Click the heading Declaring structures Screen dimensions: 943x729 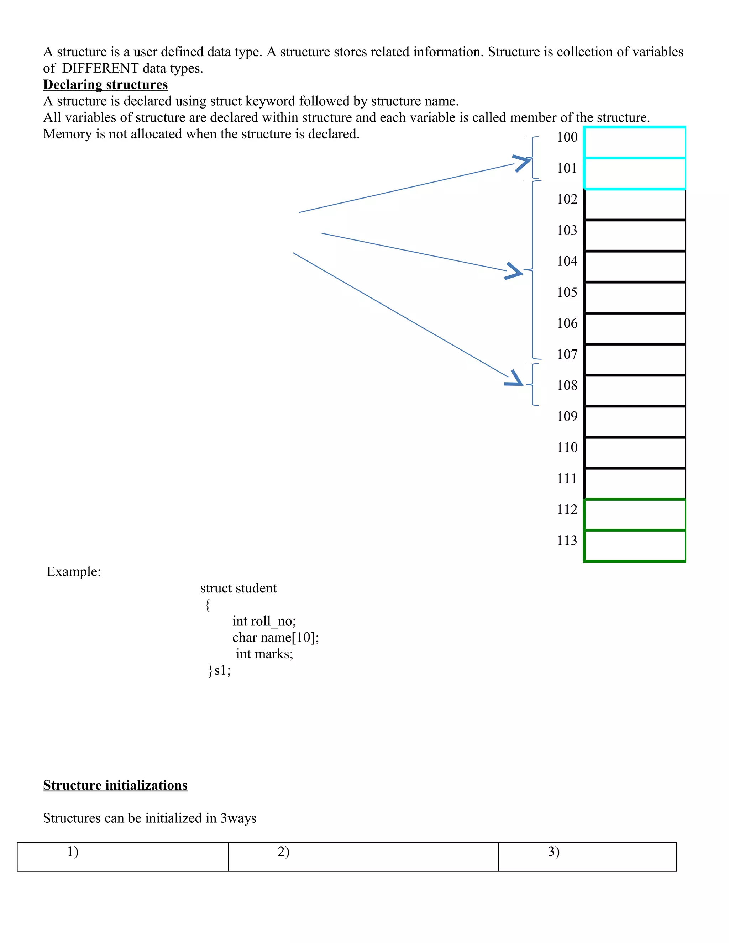coord(105,85)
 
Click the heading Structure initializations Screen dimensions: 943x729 coord(115,785)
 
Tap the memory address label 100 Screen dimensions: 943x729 coord(567,137)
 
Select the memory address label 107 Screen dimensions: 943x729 coord(567,354)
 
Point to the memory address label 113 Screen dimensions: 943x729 coord(567,541)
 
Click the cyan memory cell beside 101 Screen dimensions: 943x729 coord(634,174)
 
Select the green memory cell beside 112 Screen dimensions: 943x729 coord(634,515)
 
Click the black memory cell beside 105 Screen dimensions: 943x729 coord(634,297)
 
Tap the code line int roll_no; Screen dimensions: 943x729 coord(264,621)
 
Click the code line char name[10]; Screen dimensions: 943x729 coord(276,637)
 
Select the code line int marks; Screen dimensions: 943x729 coord(264,654)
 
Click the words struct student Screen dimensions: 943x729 coord(238,588)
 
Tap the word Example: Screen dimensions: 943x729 coord(74,572)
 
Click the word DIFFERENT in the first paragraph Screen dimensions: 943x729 coord(100,68)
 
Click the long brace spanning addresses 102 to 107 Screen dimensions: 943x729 coord(533,269)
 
